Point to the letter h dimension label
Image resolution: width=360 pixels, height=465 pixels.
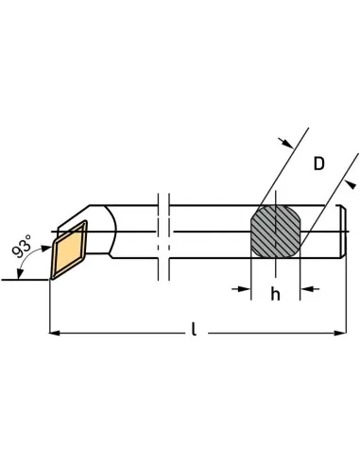point(276,294)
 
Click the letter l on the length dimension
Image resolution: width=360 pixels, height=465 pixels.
point(193,330)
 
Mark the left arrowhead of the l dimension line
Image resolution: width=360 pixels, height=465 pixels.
point(54,333)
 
